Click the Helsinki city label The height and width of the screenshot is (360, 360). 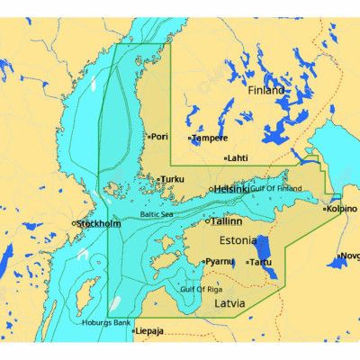[232, 189]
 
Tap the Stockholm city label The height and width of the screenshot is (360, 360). [100, 223]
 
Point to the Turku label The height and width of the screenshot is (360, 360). [172, 179]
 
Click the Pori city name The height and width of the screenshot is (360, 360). [160, 137]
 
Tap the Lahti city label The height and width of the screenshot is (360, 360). [238, 157]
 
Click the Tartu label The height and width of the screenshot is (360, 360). [261, 262]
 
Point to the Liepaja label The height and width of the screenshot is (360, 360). [150, 330]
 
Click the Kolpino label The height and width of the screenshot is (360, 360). [343, 209]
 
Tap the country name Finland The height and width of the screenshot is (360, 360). [265, 91]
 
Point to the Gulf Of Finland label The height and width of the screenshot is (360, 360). [276, 188]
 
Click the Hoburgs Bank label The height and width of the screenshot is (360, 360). [106, 321]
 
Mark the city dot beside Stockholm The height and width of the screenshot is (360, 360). [74, 223]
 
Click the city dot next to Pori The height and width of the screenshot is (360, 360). [148, 137]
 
